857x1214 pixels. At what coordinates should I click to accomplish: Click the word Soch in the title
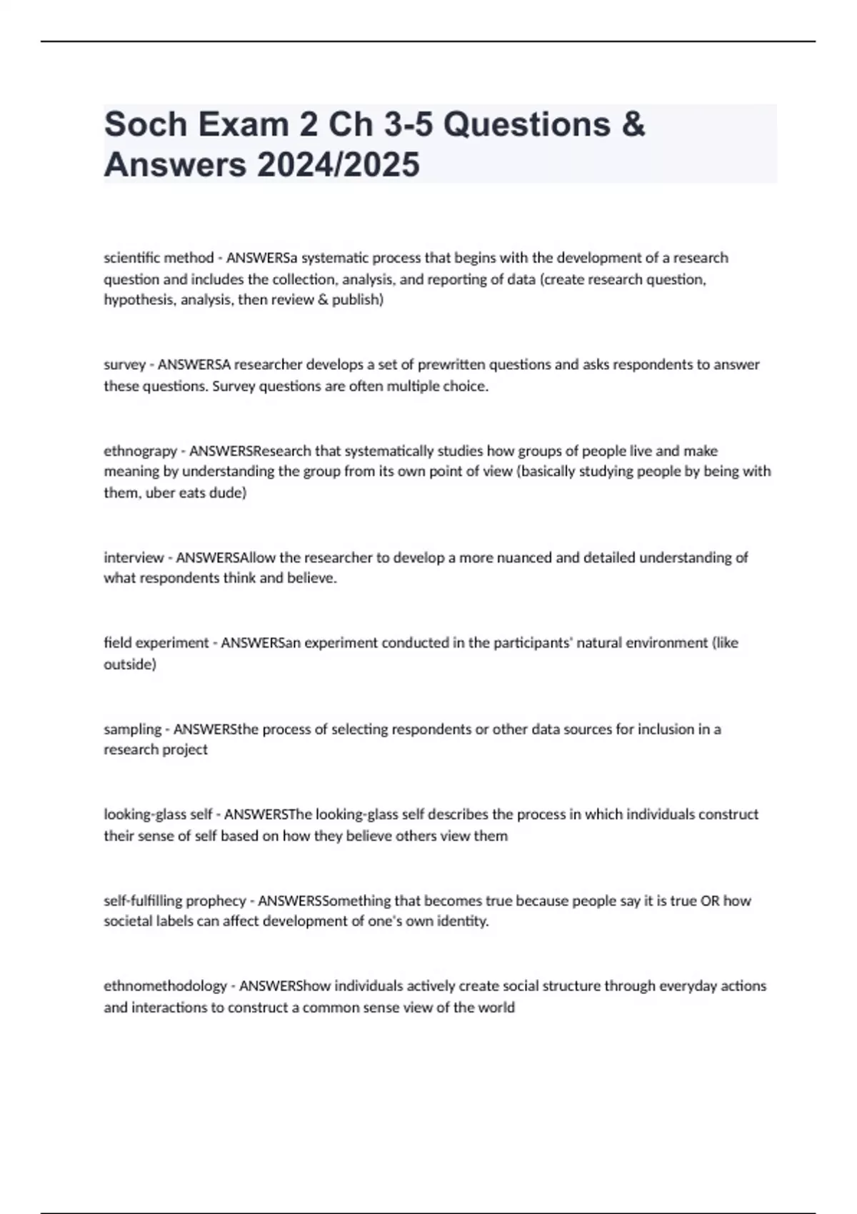click(146, 124)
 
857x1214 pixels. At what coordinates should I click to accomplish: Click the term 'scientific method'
click(159, 258)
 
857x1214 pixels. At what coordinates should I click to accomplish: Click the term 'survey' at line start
click(124, 365)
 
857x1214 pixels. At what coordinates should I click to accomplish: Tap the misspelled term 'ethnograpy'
click(140, 451)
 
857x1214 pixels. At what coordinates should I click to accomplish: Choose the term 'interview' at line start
click(134, 558)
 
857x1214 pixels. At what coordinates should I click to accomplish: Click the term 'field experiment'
click(156, 643)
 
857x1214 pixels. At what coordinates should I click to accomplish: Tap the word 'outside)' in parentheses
click(130, 664)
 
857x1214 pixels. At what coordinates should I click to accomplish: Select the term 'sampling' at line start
click(132, 729)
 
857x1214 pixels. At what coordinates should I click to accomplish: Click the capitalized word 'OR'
click(710, 901)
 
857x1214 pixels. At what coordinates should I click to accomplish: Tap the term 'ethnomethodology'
click(165, 986)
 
